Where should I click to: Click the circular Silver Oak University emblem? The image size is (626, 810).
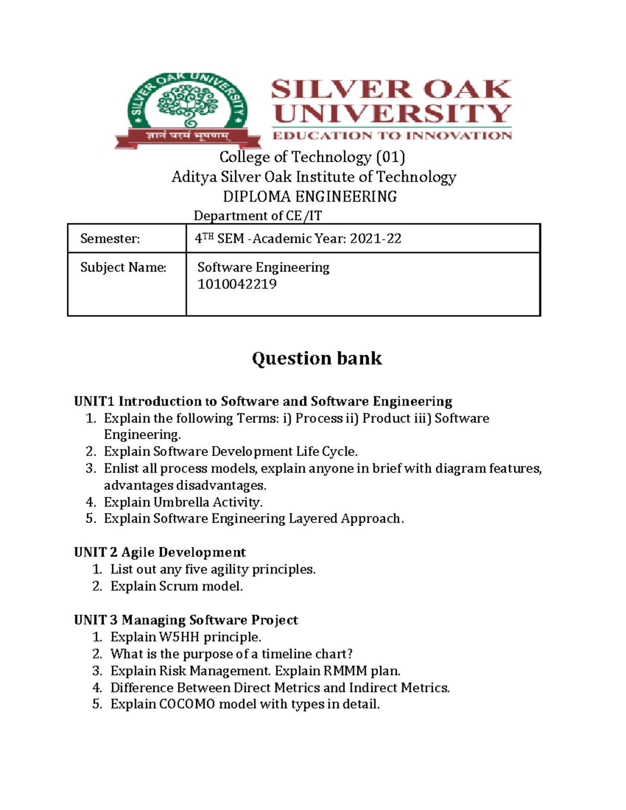click(x=188, y=107)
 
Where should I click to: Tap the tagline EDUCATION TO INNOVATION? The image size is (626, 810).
click(x=392, y=136)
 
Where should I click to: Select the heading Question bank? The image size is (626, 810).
click(x=317, y=358)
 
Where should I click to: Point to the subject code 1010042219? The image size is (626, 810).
click(x=237, y=284)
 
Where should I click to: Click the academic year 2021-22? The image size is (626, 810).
click(x=376, y=239)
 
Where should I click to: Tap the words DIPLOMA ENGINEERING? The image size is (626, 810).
click(x=310, y=197)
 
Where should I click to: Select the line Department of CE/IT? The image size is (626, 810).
click(x=258, y=216)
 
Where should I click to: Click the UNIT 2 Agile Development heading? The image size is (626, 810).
click(x=160, y=552)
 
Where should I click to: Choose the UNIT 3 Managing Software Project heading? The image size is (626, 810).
click(x=186, y=620)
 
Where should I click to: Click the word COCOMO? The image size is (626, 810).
click(x=187, y=704)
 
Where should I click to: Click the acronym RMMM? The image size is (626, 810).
click(x=345, y=671)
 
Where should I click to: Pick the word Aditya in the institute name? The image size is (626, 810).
click(x=194, y=177)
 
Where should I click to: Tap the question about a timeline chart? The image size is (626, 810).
click(x=232, y=654)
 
